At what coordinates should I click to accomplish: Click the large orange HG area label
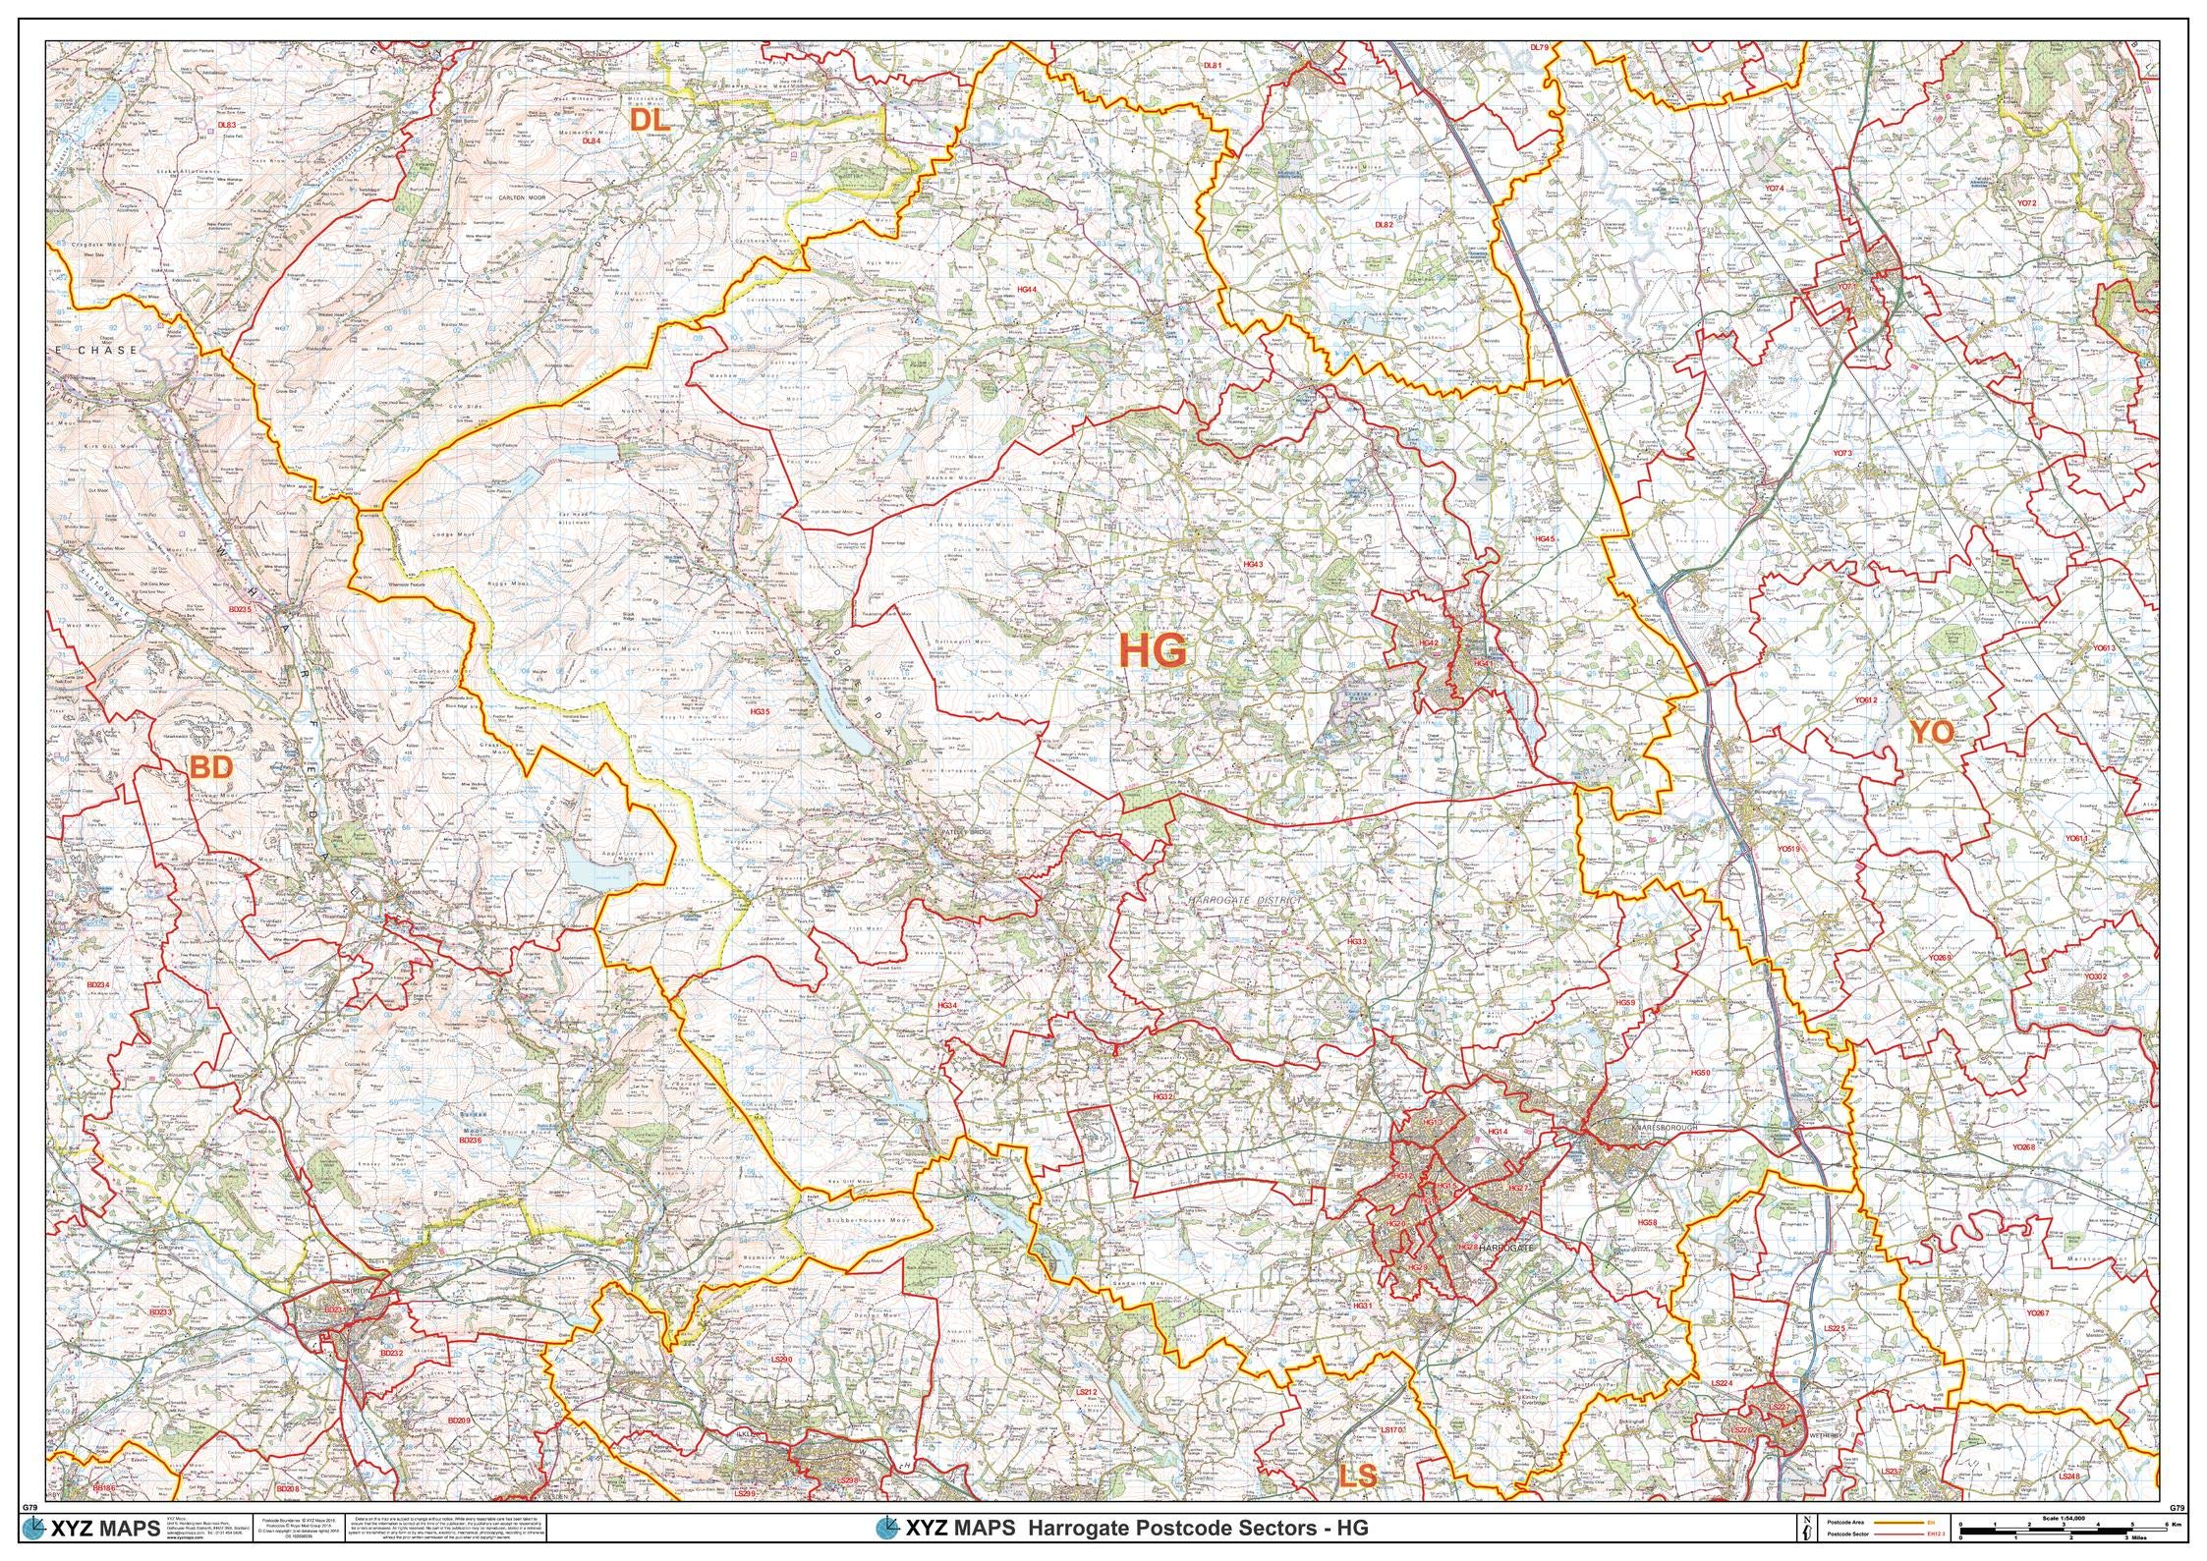(x=1154, y=650)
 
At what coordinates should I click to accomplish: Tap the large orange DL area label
(x=650, y=120)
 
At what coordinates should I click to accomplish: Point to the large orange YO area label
(x=1932, y=732)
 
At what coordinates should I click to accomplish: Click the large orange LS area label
(x=1357, y=1476)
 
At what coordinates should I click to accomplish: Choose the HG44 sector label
(x=1027, y=290)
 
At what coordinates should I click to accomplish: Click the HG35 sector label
(x=760, y=711)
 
